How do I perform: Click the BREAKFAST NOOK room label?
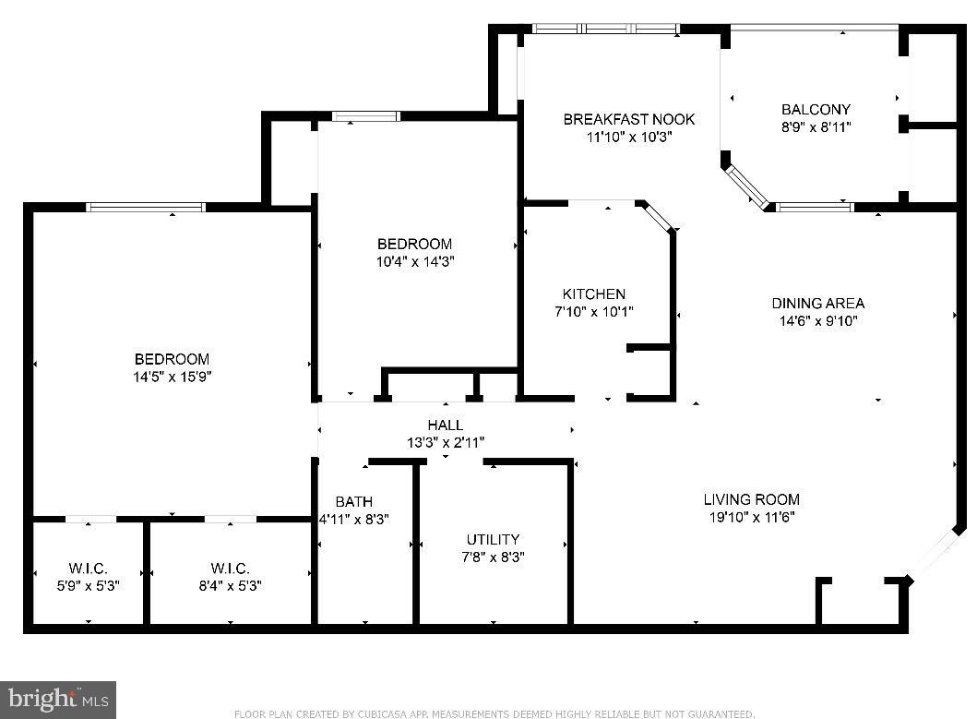(x=628, y=119)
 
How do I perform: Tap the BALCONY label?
(x=816, y=109)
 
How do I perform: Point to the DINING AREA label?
(x=818, y=303)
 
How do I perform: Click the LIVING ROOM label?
(x=751, y=499)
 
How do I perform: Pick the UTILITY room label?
(x=493, y=539)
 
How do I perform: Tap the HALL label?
(x=445, y=425)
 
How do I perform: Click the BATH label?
(x=353, y=501)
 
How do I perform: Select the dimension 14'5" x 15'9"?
(x=172, y=377)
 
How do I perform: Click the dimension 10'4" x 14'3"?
(x=415, y=261)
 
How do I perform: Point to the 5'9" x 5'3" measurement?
(x=89, y=585)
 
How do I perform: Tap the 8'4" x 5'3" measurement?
(x=230, y=585)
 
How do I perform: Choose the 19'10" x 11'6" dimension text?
(x=751, y=517)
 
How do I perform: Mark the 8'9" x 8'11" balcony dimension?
(x=816, y=127)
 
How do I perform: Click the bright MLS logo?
(x=59, y=699)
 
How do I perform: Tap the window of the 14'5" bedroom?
(x=146, y=207)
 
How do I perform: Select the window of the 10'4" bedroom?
(x=366, y=116)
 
